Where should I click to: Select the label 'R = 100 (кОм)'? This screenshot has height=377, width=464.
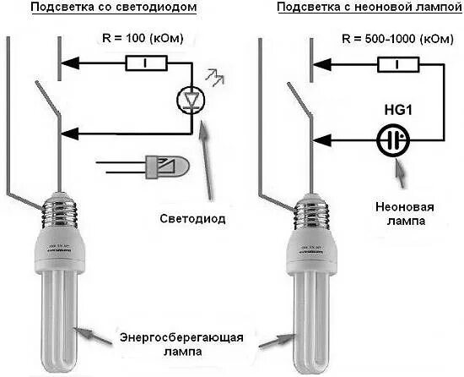[x=139, y=39]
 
